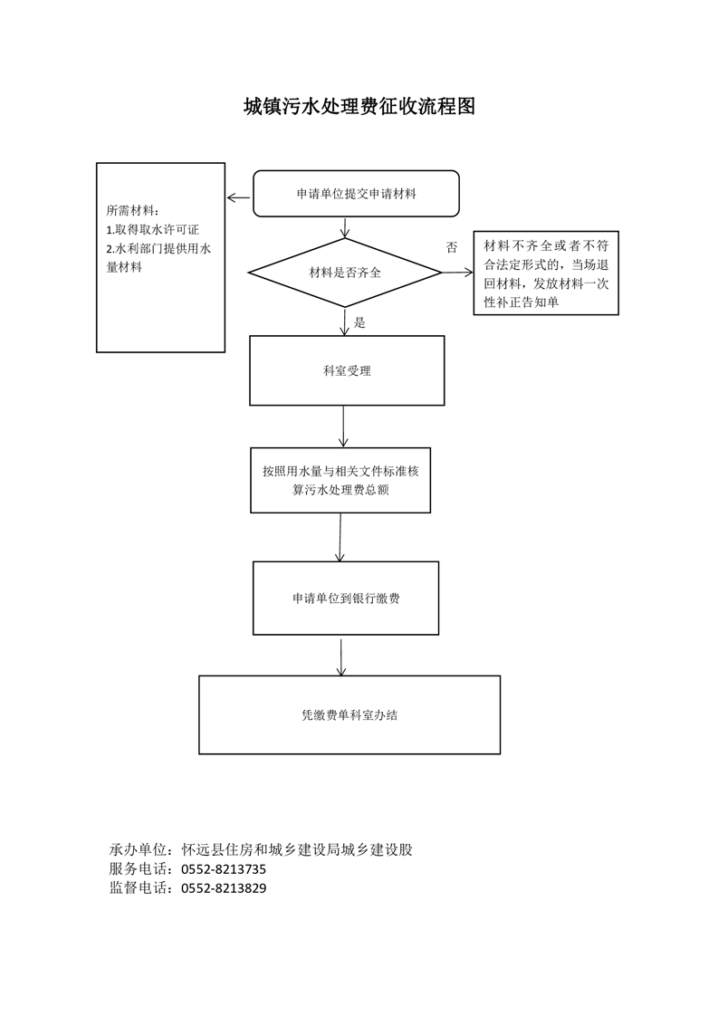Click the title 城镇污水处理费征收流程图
click(359, 106)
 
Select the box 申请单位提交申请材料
click(356, 194)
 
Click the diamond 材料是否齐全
click(345, 273)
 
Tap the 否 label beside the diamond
click(452, 247)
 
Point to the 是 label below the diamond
click(359, 322)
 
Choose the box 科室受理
click(347, 370)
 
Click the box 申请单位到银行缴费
click(345, 598)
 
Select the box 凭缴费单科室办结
click(349, 714)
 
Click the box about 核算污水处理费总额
click(340, 480)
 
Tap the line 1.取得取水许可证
click(152, 230)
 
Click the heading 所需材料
click(131, 211)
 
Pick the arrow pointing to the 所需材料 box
click(238, 198)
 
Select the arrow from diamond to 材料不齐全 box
click(457, 273)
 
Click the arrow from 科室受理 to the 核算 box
click(343, 427)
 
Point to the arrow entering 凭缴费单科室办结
click(341, 657)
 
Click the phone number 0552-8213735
click(224, 869)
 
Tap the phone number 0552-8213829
click(224, 887)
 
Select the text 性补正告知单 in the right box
click(521, 302)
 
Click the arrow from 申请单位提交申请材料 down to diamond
click(345, 227)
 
